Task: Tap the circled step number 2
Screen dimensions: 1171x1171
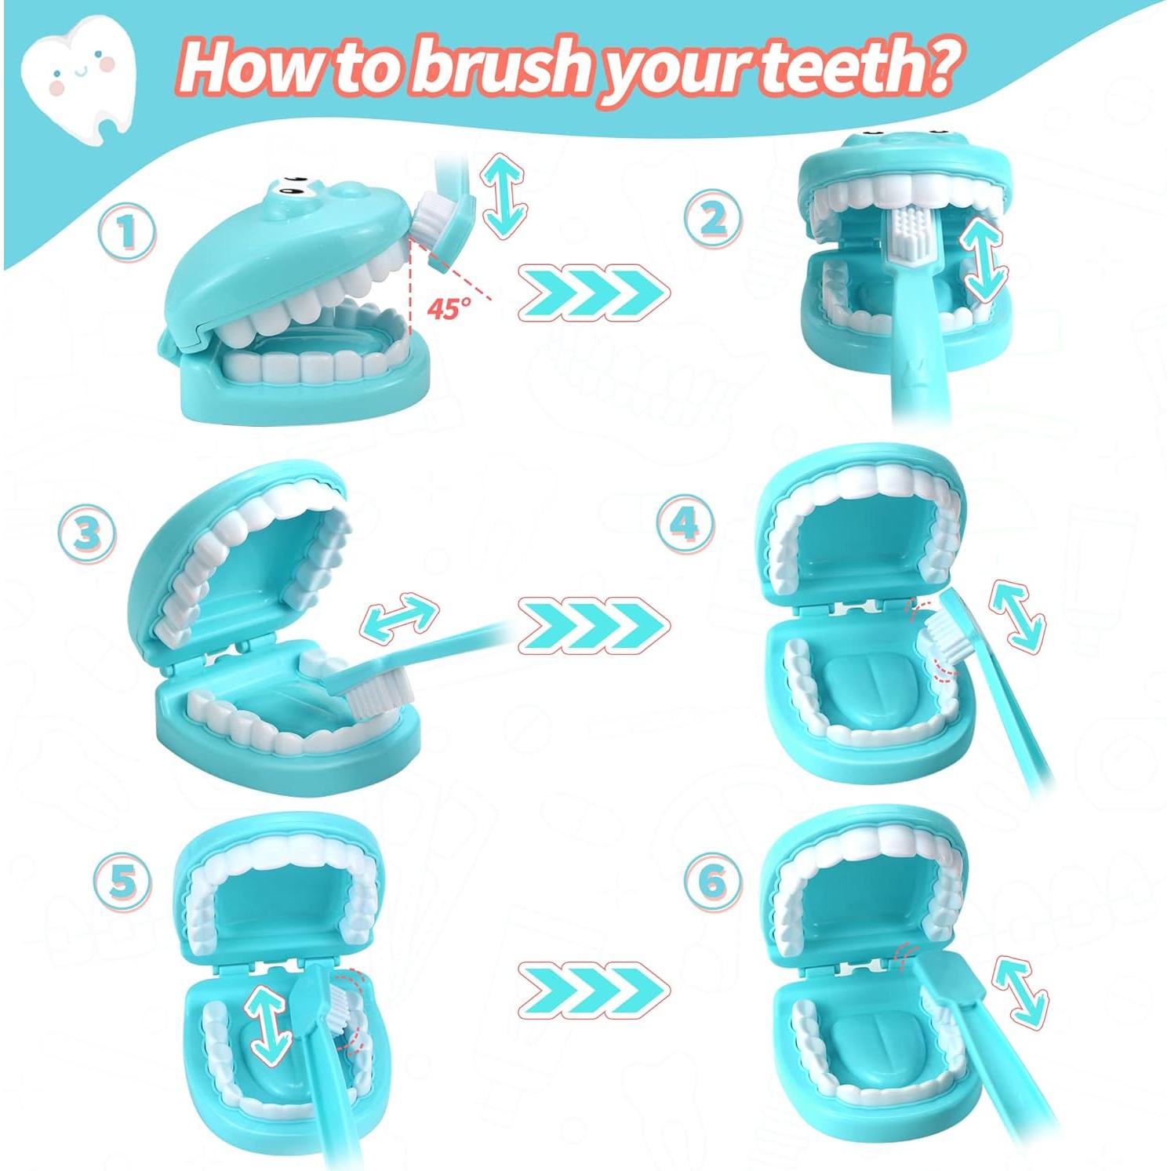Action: coord(712,220)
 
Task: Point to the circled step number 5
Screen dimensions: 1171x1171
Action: coord(122,882)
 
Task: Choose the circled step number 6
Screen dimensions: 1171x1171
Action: coord(711,881)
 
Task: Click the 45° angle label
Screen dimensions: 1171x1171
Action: coord(449,307)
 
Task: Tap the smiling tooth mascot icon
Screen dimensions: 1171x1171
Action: coord(78,75)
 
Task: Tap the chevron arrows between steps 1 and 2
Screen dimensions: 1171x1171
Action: coord(594,294)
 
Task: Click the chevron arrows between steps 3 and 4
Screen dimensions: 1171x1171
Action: coord(594,625)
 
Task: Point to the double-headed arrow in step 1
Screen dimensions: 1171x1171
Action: coord(504,194)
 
